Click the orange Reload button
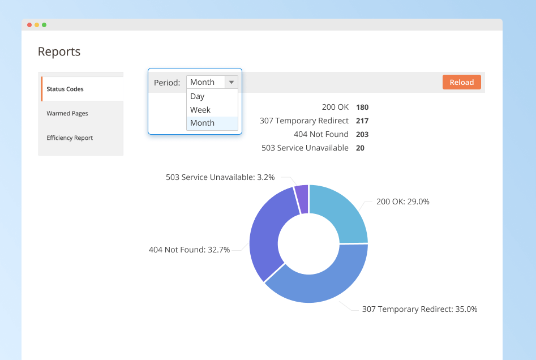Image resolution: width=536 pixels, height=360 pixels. pos(461,82)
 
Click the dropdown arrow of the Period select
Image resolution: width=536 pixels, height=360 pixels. pos(231,82)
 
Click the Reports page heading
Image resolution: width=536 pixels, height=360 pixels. pos(59,52)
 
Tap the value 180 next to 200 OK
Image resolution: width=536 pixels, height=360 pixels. pos(362,107)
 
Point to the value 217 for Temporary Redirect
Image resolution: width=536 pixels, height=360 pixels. pos(362,121)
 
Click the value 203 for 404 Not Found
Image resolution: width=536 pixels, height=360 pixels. pos(362,134)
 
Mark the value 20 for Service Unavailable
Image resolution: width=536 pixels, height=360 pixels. pos(361,148)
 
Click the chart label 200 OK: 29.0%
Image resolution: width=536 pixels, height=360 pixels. pos(402,202)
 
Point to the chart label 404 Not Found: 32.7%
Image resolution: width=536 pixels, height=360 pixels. pos(189,249)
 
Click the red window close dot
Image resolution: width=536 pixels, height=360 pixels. pos(29,25)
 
